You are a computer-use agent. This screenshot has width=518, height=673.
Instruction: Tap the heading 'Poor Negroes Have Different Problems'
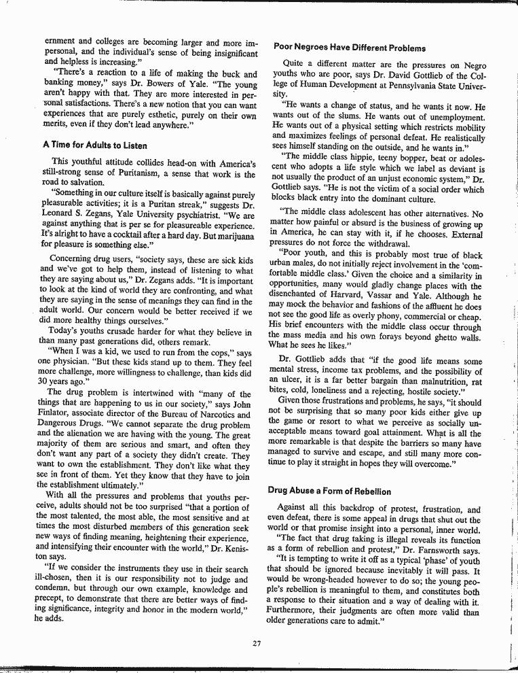350,48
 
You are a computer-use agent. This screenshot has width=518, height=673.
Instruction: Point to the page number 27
257,644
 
